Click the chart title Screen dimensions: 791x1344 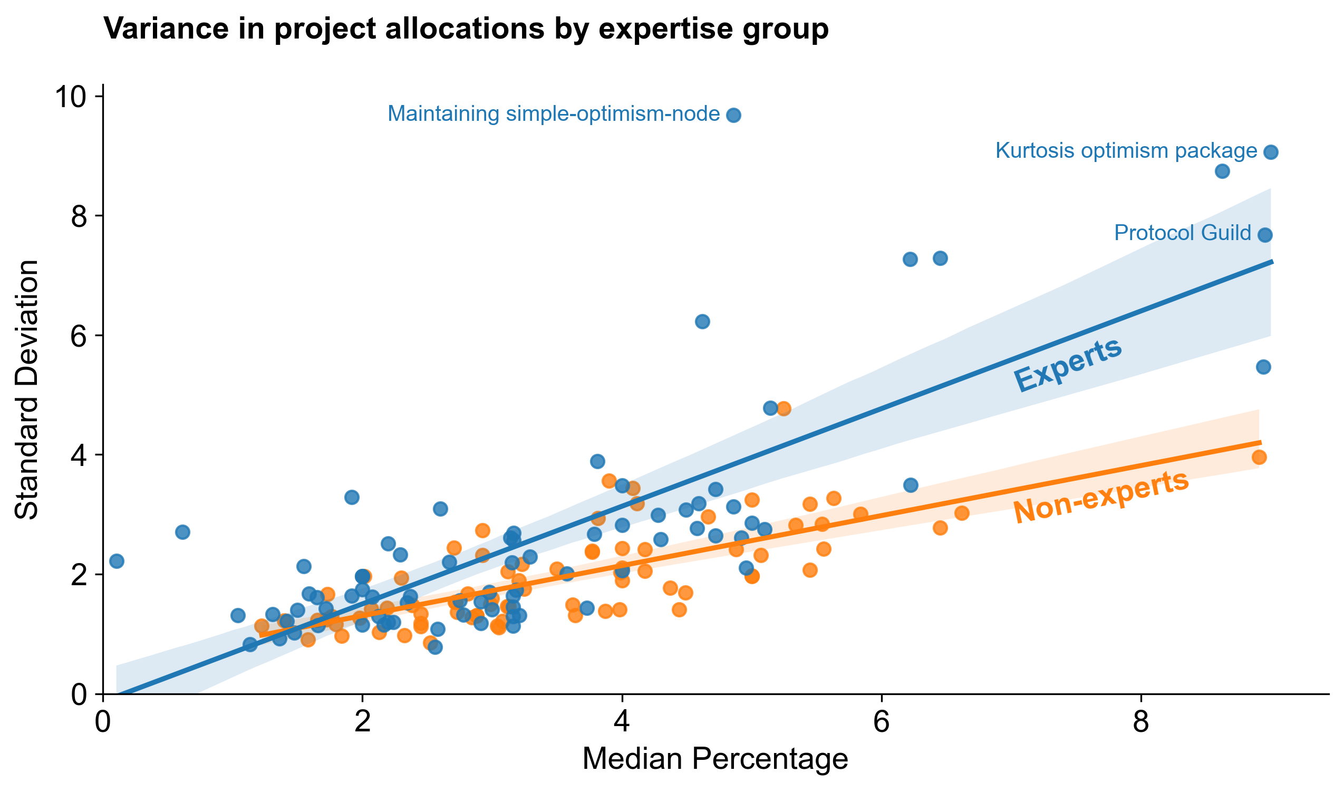pyautogui.click(x=466, y=29)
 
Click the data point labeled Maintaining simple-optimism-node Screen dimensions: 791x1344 pyautogui.click(x=733, y=115)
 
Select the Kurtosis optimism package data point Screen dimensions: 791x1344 pyautogui.click(x=1271, y=152)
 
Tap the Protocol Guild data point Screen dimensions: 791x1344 pyautogui.click(x=1265, y=235)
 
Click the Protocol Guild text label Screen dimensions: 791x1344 pyautogui.click(x=1183, y=233)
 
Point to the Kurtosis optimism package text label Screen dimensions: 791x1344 pyautogui.click(x=1126, y=151)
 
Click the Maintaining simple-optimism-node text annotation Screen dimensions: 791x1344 pyautogui.click(x=554, y=114)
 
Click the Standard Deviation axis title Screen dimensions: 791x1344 pyautogui.click(x=27, y=389)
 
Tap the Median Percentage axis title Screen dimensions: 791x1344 pyautogui.click(x=715, y=759)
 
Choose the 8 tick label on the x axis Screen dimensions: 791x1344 pyautogui.click(x=1141, y=723)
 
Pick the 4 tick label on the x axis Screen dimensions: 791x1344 pyautogui.click(x=622, y=723)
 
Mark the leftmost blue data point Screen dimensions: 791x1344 pyautogui.click(x=117, y=561)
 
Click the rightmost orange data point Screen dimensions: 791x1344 pyautogui.click(x=1259, y=457)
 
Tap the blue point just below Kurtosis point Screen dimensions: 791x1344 pyautogui.click(x=1222, y=171)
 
